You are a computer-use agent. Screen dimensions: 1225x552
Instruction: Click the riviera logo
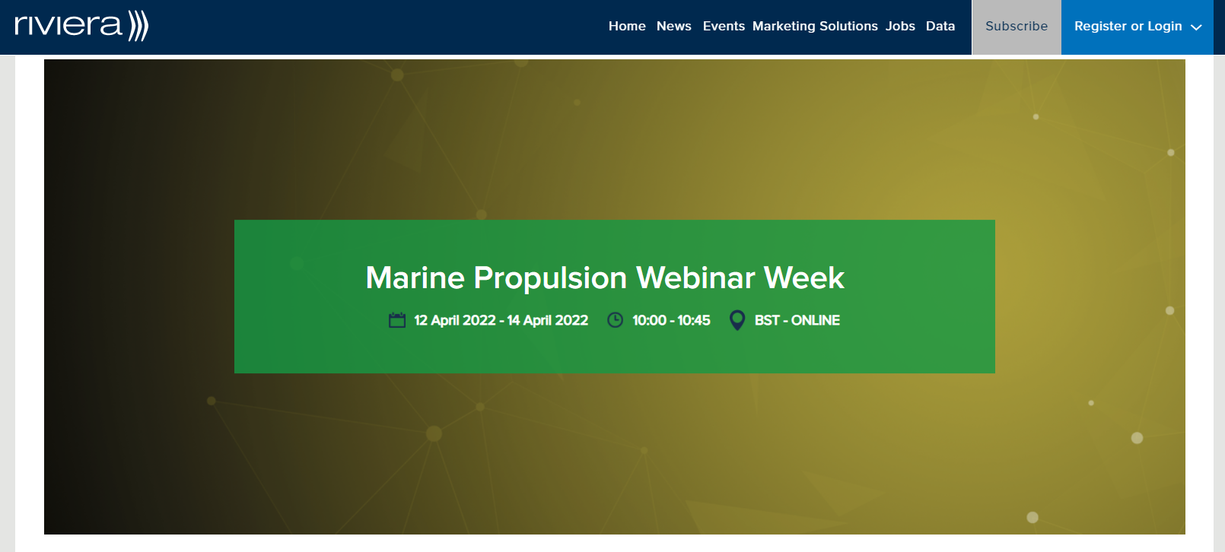point(81,26)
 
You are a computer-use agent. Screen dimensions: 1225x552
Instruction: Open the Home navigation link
point(627,27)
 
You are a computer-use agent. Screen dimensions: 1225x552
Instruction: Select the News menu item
point(674,27)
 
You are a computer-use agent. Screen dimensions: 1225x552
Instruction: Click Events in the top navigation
point(724,27)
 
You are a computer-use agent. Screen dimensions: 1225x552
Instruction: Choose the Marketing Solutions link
point(815,27)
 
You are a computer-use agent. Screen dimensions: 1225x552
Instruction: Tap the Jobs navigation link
point(900,27)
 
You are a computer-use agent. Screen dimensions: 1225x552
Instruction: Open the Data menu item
point(940,27)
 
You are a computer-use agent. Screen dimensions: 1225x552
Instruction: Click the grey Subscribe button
point(1016,27)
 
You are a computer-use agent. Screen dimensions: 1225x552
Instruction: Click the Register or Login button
point(1137,27)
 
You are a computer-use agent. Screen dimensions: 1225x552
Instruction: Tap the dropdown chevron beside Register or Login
point(1196,27)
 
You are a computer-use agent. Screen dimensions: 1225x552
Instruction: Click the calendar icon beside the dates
point(397,320)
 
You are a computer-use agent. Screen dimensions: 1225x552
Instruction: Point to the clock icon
point(616,320)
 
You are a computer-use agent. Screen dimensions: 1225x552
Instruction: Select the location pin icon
point(737,320)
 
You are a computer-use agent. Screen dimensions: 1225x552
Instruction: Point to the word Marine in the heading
point(415,278)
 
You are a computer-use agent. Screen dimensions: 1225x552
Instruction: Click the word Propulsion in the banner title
point(550,279)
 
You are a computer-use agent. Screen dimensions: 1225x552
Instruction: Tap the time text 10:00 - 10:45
point(671,320)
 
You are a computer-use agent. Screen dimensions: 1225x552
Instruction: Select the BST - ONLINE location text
point(797,320)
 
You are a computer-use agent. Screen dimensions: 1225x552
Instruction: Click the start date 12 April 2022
point(454,320)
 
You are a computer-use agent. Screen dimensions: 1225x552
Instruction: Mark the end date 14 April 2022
point(547,320)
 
